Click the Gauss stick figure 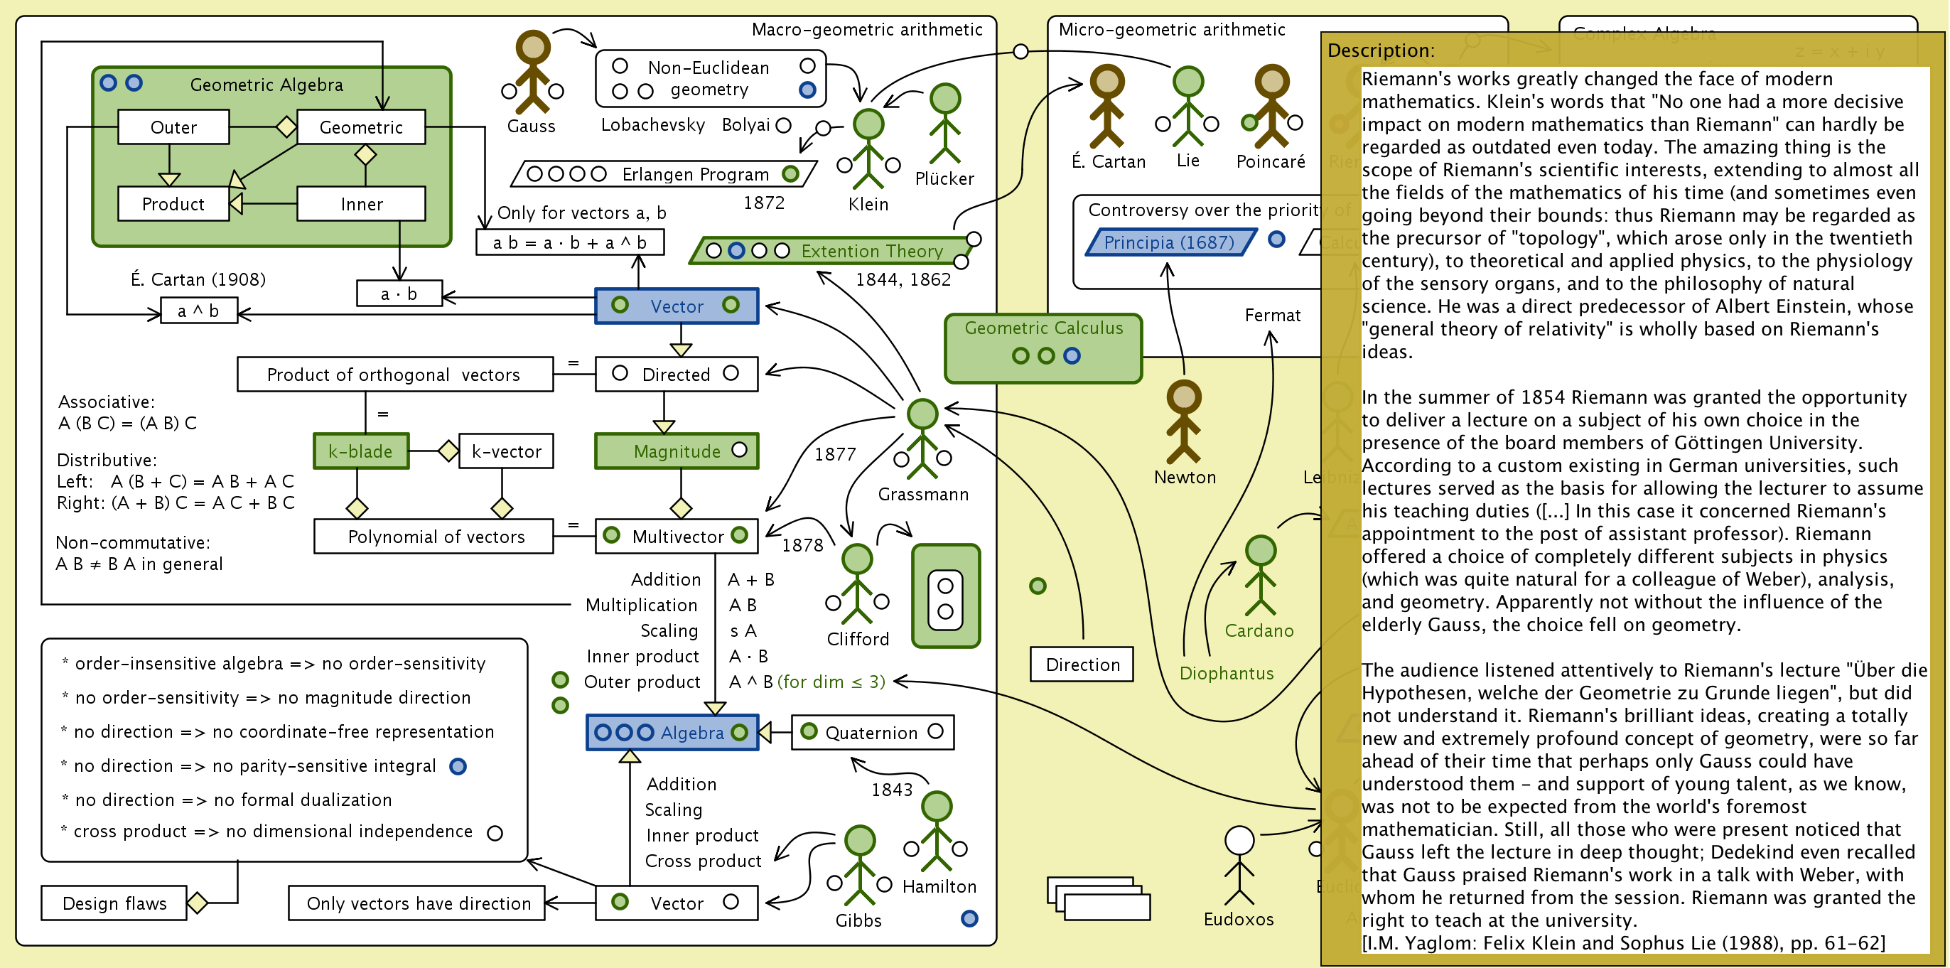tap(533, 72)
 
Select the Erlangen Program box tap(664, 174)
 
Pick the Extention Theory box tap(831, 250)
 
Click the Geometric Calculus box tap(1043, 348)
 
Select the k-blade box tap(361, 452)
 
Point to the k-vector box tap(506, 452)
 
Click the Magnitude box tap(676, 452)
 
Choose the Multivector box tap(676, 537)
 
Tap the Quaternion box tap(872, 733)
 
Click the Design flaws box tap(114, 903)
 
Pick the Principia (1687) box tap(1170, 242)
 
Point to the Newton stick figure tap(1184, 421)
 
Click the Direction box tap(1082, 665)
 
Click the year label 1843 tap(892, 790)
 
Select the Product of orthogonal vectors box tap(394, 375)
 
